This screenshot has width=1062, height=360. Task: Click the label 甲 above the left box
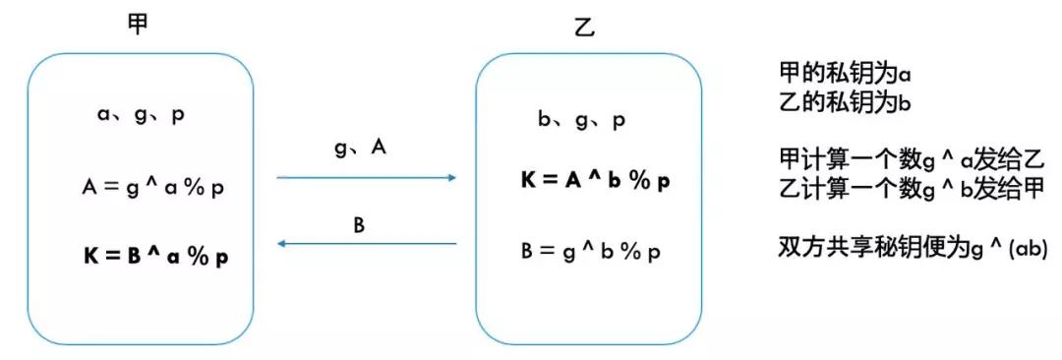tap(139, 25)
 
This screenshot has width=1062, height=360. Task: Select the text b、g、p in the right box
tap(582, 121)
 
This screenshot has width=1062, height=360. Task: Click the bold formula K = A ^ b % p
tap(596, 182)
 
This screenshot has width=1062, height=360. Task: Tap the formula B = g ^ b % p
tap(590, 250)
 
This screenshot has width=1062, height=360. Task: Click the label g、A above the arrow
tap(360, 148)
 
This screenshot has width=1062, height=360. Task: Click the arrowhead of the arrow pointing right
tap(452, 178)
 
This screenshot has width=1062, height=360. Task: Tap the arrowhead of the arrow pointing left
tap(282, 244)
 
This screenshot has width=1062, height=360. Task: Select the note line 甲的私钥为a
tap(846, 75)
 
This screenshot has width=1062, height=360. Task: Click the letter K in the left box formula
tap(90, 256)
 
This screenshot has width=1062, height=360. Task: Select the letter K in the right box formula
tap(528, 182)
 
